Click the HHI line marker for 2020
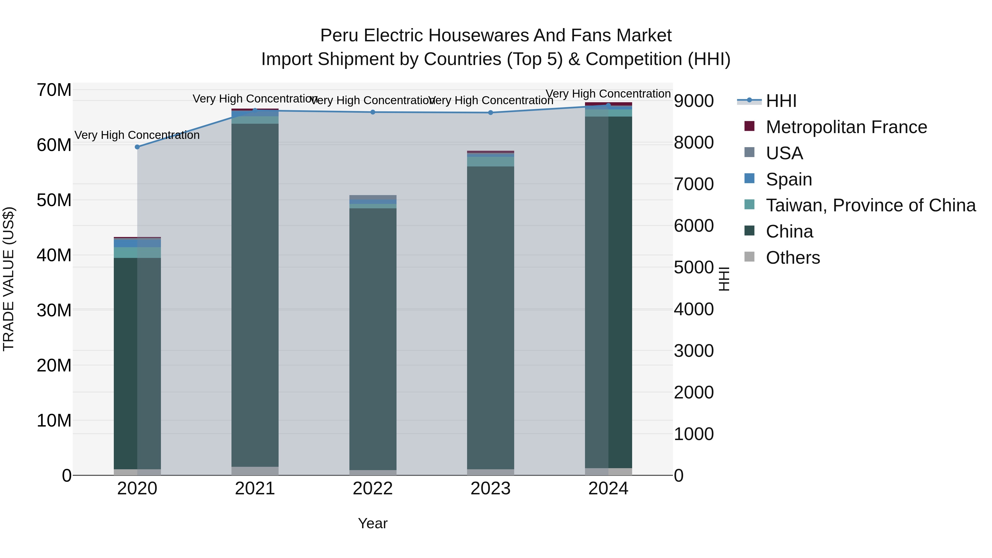(x=137, y=147)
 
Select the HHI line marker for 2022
(x=373, y=112)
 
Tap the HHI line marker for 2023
(x=490, y=112)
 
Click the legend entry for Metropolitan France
(x=846, y=127)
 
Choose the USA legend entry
(x=784, y=153)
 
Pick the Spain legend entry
(x=789, y=179)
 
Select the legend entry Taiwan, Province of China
(x=870, y=205)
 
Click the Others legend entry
(x=792, y=258)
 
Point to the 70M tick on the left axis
(x=54, y=90)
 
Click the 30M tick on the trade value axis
(x=54, y=310)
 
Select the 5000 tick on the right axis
(x=694, y=267)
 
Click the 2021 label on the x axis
(x=255, y=489)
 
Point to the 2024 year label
(x=608, y=489)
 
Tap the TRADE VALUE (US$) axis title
(x=9, y=279)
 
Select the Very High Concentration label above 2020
(x=137, y=135)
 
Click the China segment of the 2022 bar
(x=373, y=339)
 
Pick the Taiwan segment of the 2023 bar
(x=490, y=161)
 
